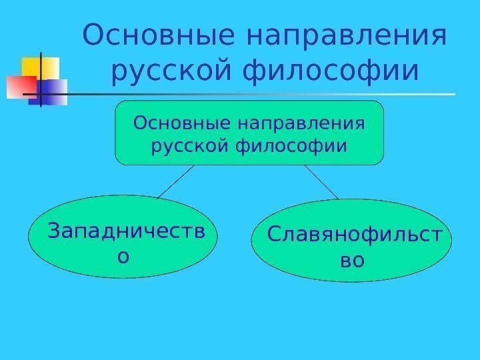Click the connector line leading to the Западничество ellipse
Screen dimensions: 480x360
175,181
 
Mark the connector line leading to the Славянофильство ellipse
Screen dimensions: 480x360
322,182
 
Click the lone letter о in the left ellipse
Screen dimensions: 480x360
123,255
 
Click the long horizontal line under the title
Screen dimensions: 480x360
267,94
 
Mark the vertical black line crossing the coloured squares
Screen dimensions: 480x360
41,79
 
